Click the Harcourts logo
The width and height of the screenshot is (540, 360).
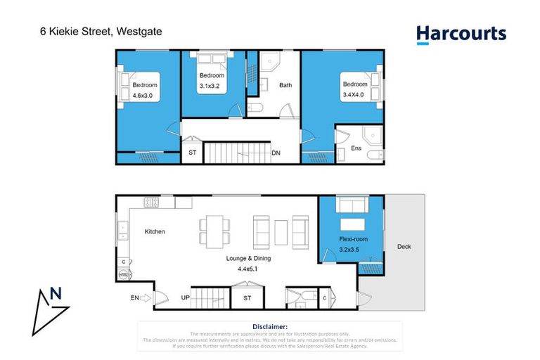click(x=461, y=34)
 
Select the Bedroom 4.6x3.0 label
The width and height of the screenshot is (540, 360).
click(x=145, y=90)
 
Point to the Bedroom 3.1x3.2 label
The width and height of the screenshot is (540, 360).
click(x=212, y=80)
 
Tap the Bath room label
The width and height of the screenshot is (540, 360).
click(x=285, y=86)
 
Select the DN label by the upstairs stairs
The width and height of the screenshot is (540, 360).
click(x=276, y=153)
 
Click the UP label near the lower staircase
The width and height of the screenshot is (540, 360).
click(x=186, y=298)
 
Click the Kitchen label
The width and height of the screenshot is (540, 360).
click(x=155, y=231)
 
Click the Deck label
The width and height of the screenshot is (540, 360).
click(x=404, y=247)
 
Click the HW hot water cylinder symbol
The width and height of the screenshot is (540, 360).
click(x=123, y=276)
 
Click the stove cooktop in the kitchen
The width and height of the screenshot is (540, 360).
click(x=151, y=202)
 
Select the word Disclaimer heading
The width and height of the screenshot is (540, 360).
click(x=269, y=326)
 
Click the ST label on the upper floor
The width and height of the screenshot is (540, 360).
click(x=192, y=153)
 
